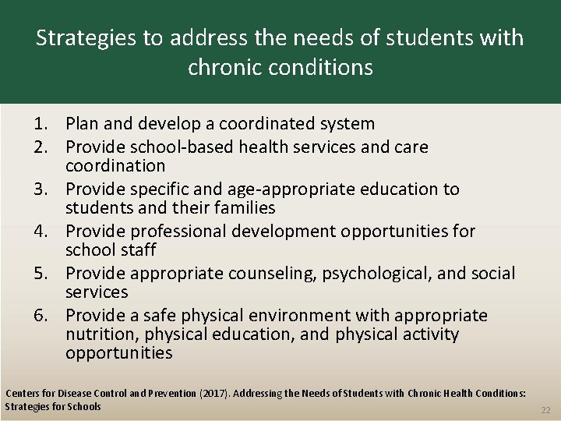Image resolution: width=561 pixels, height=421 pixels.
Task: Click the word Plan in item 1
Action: click(81, 124)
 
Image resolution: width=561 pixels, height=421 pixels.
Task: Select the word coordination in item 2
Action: click(115, 165)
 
